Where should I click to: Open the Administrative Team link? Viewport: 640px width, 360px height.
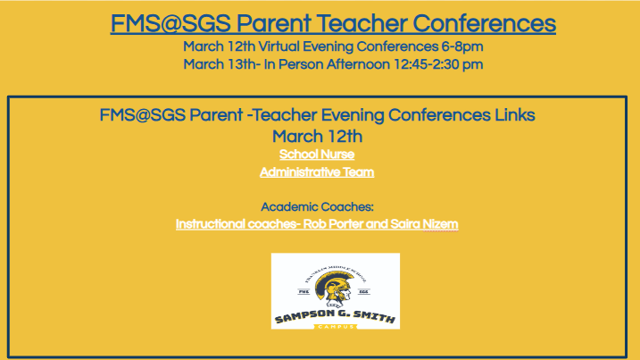click(x=317, y=172)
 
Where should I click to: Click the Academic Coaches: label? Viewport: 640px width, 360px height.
click(x=317, y=207)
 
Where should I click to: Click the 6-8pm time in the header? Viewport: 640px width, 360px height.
click(x=461, y=46)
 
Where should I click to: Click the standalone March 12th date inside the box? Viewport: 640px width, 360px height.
click(x=317, y=136)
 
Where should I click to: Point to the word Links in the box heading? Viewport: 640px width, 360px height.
click(x=512, y=116)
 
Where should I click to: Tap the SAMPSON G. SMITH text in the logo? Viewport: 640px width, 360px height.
click(x=335, y=315)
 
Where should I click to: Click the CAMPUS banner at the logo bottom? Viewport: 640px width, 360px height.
click(x=335, y=326)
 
